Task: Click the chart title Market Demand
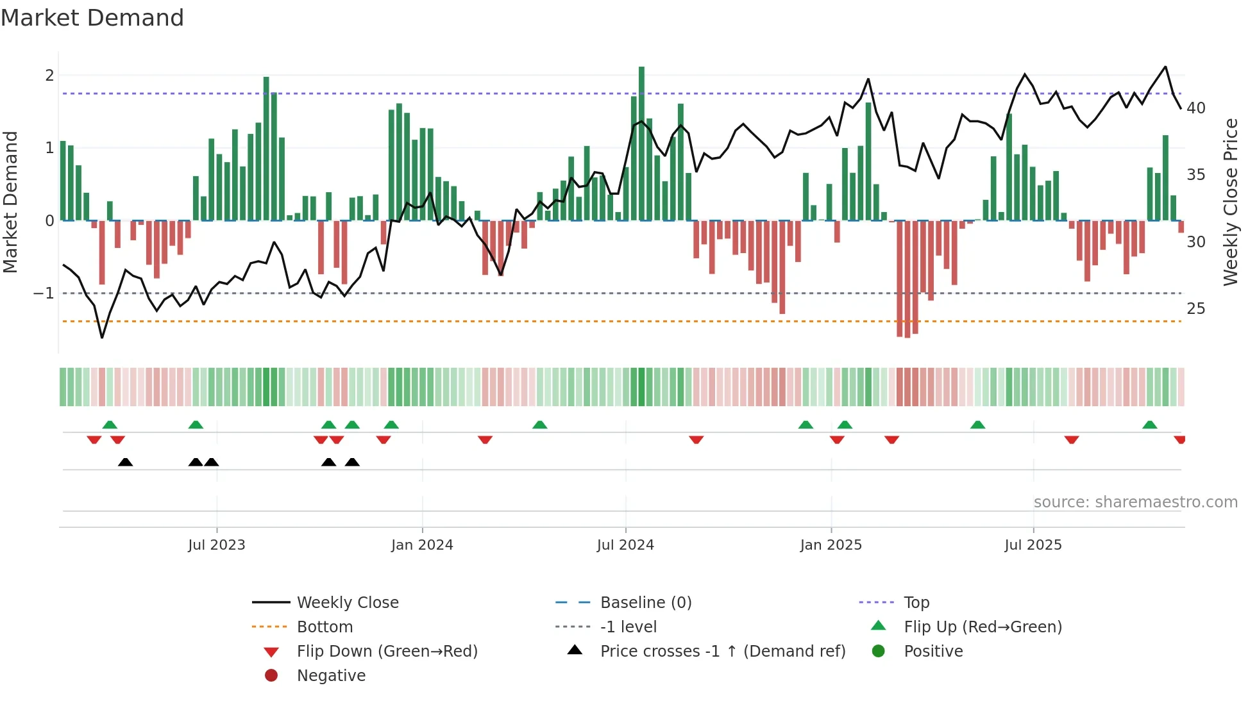[x=92, y=18]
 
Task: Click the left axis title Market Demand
[x=11, y=202]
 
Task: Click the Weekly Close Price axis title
[x=1230, y=202]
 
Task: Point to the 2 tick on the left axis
[x=49, y=76]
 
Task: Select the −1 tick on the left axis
[x=44, y=293]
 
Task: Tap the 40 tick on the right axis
[x=1195, y=108]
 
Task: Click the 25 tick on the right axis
[x=1195, y=309]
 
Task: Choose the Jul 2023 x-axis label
[x=217, y=545]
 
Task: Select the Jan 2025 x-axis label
[x=831, y=545]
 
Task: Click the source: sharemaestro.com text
[x=1135, y=502]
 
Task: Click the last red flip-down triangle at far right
[x=1179, y=439]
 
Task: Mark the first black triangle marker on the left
[x=126, y=462]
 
